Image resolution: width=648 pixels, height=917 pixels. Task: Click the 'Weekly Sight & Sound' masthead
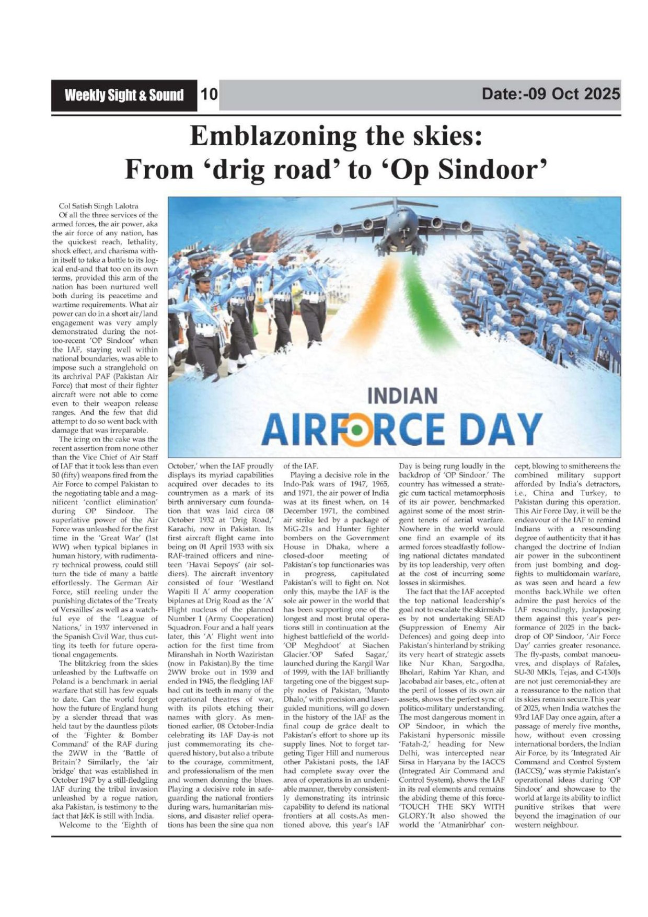click(x=124, y=95)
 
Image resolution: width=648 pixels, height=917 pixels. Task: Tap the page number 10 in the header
click(x=209, y=95)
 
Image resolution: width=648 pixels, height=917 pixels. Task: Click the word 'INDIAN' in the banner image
click(x=402, y=396)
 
